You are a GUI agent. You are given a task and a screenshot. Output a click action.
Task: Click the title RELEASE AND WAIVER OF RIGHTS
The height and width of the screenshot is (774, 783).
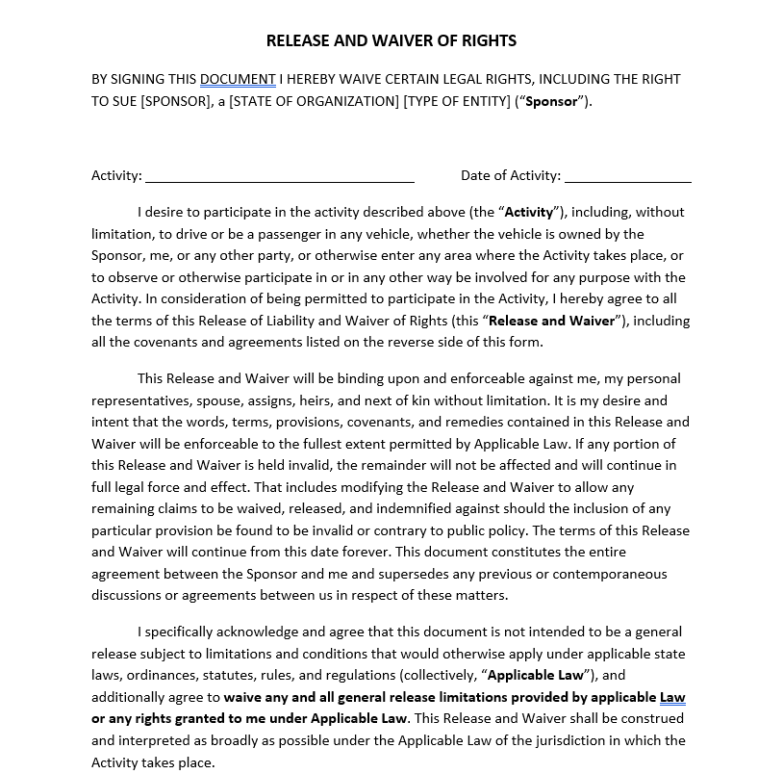click(391, 40)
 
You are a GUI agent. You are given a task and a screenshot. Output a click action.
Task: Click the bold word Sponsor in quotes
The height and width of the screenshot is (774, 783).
click(552, 101)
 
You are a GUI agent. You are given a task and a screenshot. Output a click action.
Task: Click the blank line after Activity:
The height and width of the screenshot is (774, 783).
click(280, 177)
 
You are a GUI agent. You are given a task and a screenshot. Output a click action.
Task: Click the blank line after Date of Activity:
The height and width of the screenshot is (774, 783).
click(627, 177)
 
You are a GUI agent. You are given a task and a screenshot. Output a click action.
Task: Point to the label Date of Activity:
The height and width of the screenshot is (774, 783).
click(510, 175)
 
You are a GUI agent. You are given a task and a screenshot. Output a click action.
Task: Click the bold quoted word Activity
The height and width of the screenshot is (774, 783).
click(529, 212)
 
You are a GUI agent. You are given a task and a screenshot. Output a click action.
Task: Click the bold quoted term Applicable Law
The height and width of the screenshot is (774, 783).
click(543, 675)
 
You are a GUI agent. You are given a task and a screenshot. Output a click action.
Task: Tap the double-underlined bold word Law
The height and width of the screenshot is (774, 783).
click(672, 697)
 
